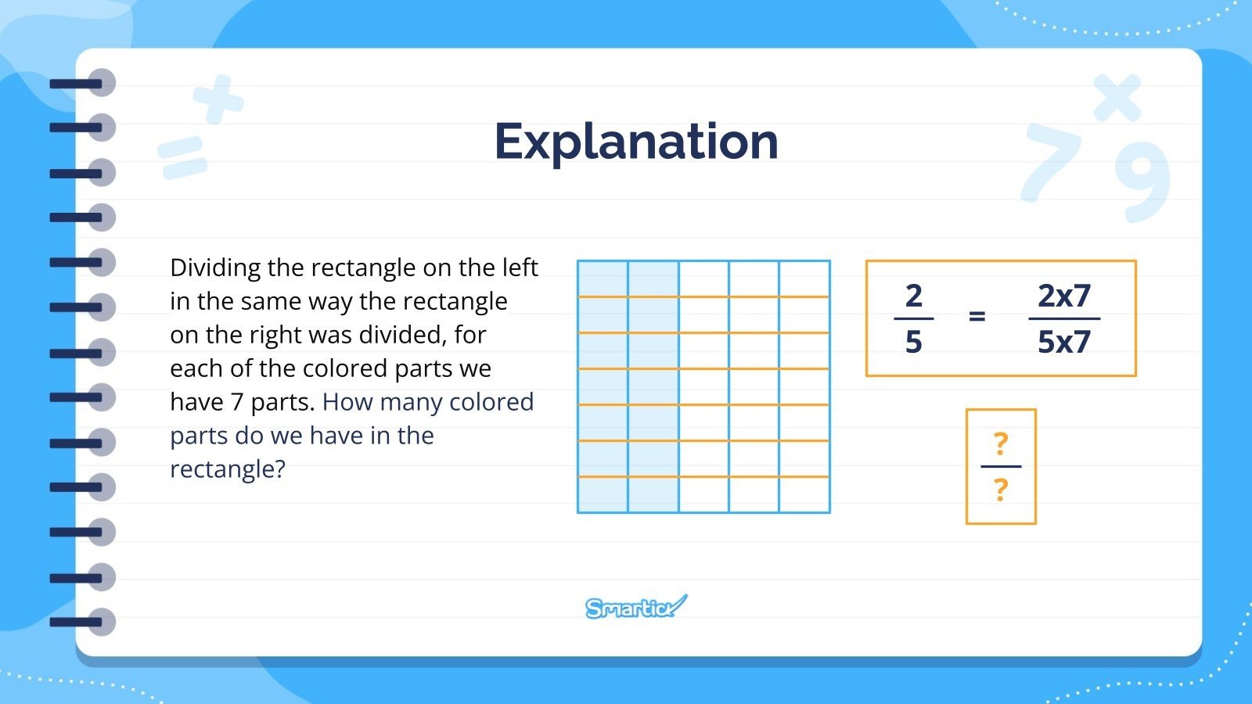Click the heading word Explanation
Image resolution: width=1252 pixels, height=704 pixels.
[636, 142]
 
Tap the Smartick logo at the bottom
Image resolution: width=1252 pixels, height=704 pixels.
[635, 607]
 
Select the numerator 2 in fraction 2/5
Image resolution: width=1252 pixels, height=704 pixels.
[913, 296]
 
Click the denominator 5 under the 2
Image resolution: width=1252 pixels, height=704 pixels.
[913, 342]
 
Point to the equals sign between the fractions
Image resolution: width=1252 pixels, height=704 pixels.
[977, 317]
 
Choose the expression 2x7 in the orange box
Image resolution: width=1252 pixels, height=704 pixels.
[1063, 296]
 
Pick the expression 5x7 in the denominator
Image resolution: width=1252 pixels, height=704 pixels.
[1063, 342]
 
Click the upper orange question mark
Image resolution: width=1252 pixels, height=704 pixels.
[1000, 444]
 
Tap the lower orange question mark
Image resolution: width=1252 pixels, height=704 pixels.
[1000, 490]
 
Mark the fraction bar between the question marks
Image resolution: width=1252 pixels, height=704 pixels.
[1000, 467]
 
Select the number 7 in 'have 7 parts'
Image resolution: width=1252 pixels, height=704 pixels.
[236, 402]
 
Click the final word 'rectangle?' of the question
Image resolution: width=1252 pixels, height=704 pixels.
[228, 469]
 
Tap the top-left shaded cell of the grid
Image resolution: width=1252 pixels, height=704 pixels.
[603, 279]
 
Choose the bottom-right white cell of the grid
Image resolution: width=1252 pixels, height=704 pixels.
[804, 495]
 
